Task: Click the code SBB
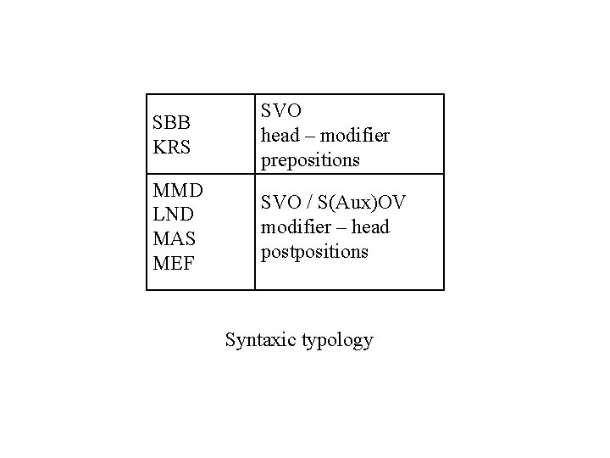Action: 172,124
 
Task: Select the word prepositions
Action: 310,159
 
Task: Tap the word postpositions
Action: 314,252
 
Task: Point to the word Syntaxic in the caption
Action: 260,340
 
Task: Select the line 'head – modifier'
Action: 325,135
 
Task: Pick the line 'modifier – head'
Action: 325,227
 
